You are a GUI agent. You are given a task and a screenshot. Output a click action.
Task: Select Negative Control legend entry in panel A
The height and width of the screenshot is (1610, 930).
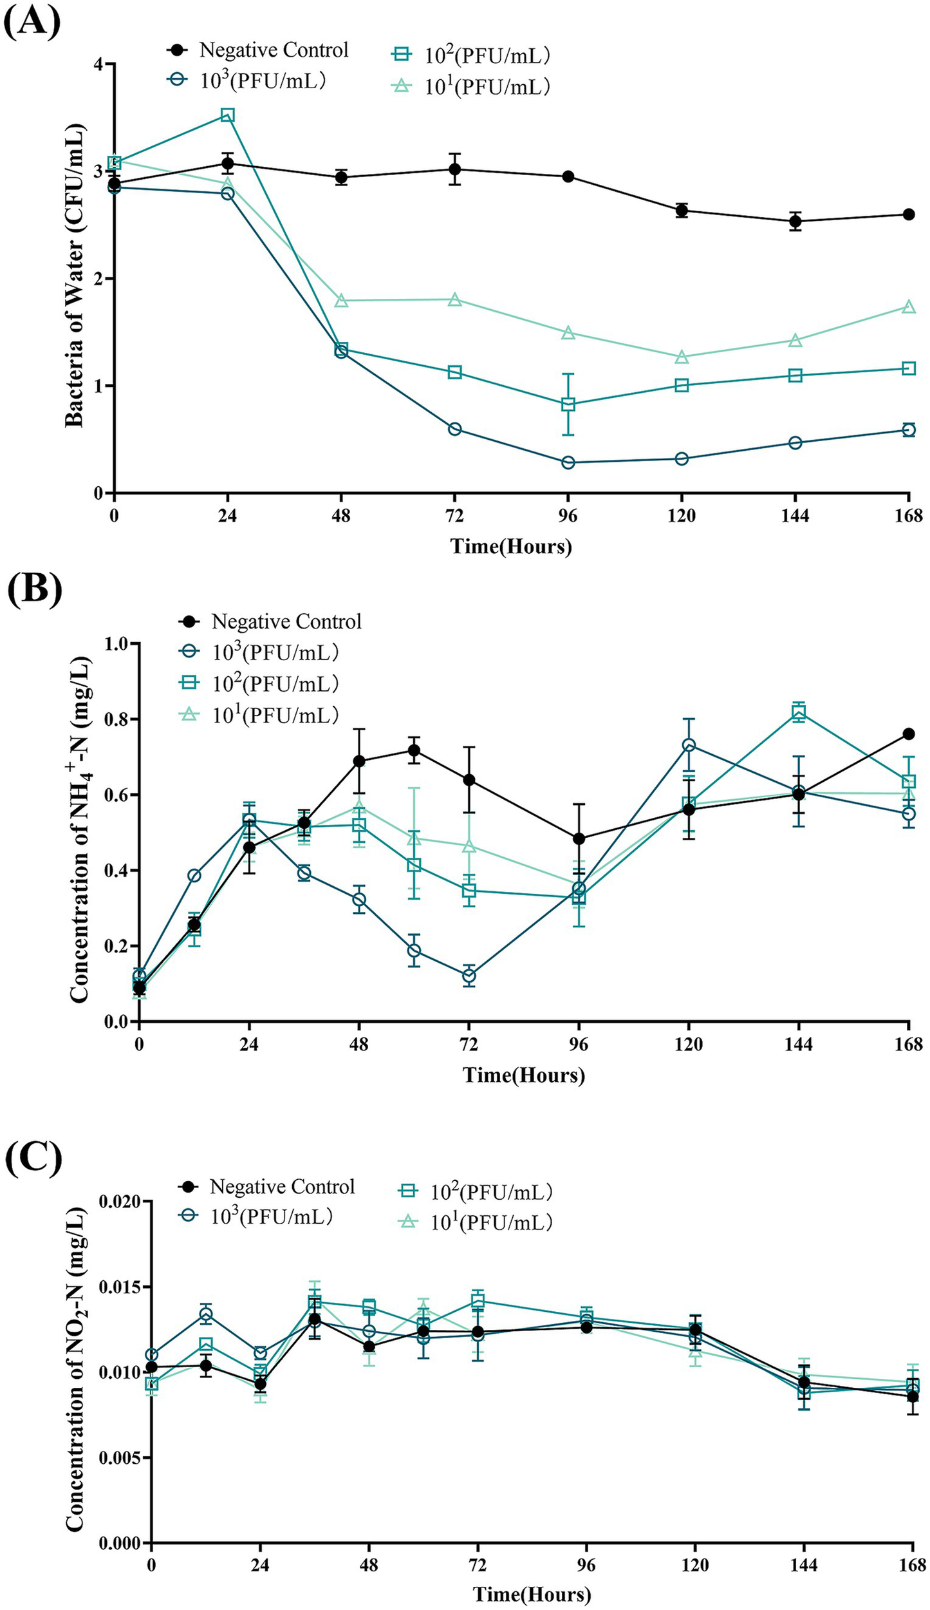pos(257,50)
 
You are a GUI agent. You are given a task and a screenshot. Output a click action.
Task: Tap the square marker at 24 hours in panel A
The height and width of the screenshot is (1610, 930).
pos(227,115)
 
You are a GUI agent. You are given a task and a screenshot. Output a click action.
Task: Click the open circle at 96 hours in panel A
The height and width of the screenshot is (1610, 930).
pos(568,462)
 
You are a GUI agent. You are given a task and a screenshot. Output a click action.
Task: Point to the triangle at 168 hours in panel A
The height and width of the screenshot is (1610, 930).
pos(908,307)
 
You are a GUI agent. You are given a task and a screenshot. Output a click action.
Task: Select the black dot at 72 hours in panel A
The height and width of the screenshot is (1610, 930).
pos(454,169)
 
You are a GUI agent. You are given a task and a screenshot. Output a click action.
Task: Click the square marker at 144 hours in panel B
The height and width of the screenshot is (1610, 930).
pos(799,712)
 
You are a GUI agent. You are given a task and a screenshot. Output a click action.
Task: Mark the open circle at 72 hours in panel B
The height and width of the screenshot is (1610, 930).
pos(469,975)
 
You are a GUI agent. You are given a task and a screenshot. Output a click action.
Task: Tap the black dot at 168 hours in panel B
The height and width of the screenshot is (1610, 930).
pos(909,734)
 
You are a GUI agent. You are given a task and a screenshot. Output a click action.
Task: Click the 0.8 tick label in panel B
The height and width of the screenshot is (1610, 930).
pos(115,719)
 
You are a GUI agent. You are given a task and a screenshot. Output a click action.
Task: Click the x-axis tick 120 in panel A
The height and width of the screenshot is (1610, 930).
pos(681,515)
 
